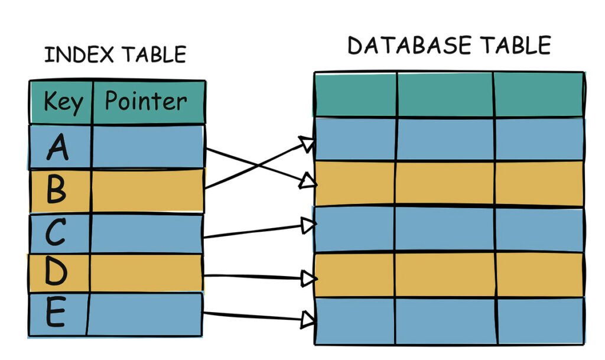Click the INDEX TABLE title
tap(115, 54)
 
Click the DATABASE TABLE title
tap(449, 46)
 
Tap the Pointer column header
tap(146, 102)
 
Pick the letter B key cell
tap(57, 190)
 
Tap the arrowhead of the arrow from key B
tap(307, 144)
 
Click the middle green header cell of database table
tap(444, 95)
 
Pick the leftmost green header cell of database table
tap(355, 95)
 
